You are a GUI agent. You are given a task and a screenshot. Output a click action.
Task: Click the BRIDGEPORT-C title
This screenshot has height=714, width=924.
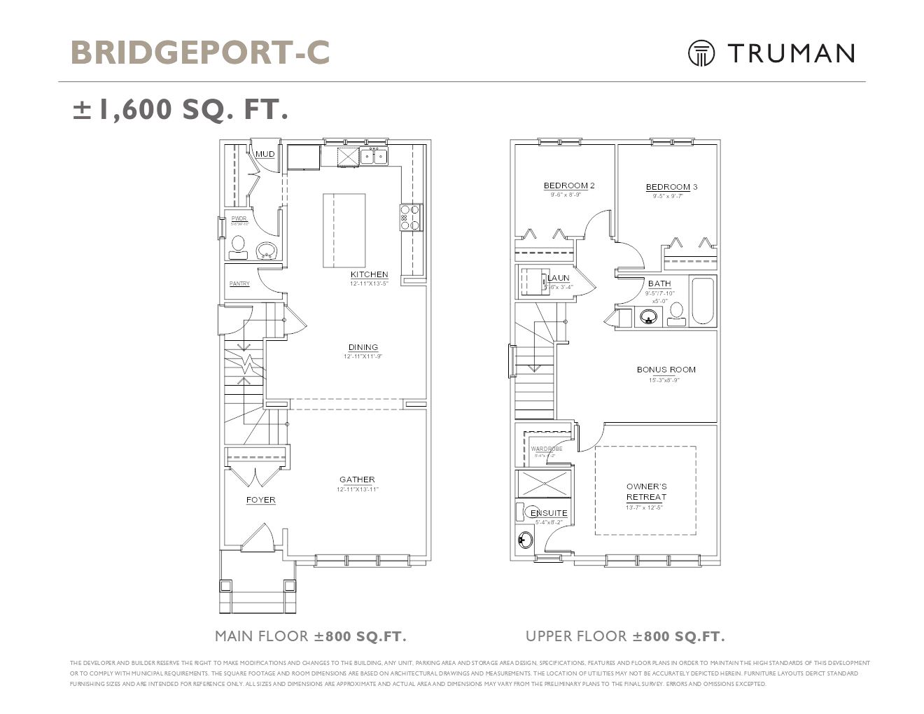point(200,52)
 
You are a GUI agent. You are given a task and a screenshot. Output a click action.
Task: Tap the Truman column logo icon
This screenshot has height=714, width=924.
point(701,53)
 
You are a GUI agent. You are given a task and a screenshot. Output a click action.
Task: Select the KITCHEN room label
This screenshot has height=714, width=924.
point(369,274)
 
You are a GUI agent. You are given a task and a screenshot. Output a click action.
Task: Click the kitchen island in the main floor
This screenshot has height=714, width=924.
point(344,230)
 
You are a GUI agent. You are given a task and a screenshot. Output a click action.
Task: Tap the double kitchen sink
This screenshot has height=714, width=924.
point(374,155)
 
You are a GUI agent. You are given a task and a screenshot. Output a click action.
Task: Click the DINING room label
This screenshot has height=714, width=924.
point(363,347)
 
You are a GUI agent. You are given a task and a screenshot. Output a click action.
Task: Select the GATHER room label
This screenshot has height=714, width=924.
point(357,479)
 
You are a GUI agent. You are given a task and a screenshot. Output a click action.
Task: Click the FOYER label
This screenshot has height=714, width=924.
point(260,500)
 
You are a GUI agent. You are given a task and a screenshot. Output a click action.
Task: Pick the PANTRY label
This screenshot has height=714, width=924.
point(239,283)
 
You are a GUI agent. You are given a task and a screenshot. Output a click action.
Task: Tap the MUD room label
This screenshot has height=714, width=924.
point(265,154)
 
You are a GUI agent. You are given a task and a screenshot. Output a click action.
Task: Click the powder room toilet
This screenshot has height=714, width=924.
point(238,246)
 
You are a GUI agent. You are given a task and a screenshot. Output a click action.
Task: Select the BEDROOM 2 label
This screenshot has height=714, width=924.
point(569,185)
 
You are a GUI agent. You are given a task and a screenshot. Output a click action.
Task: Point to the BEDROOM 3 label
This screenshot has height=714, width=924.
point(671,187)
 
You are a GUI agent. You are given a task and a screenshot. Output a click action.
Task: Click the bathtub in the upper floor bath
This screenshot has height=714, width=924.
point(702,302)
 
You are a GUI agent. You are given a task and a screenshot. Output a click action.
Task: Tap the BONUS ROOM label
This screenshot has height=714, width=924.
point(666,370)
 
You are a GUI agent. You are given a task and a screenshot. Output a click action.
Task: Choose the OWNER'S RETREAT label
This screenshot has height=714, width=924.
point(646,491)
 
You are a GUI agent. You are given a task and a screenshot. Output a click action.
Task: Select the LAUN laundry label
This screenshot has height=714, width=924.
point(559,278)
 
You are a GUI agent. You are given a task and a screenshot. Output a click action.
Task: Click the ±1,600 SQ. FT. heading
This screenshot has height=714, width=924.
point(181,109)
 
